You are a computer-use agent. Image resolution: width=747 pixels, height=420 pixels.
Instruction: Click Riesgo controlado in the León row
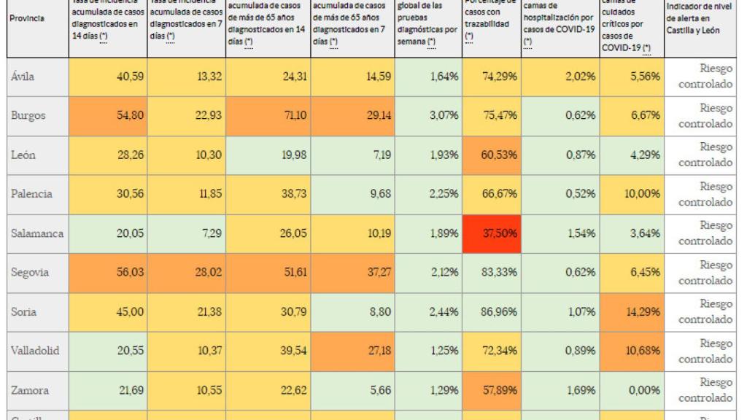pyautogui.click(x=705, y=156)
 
